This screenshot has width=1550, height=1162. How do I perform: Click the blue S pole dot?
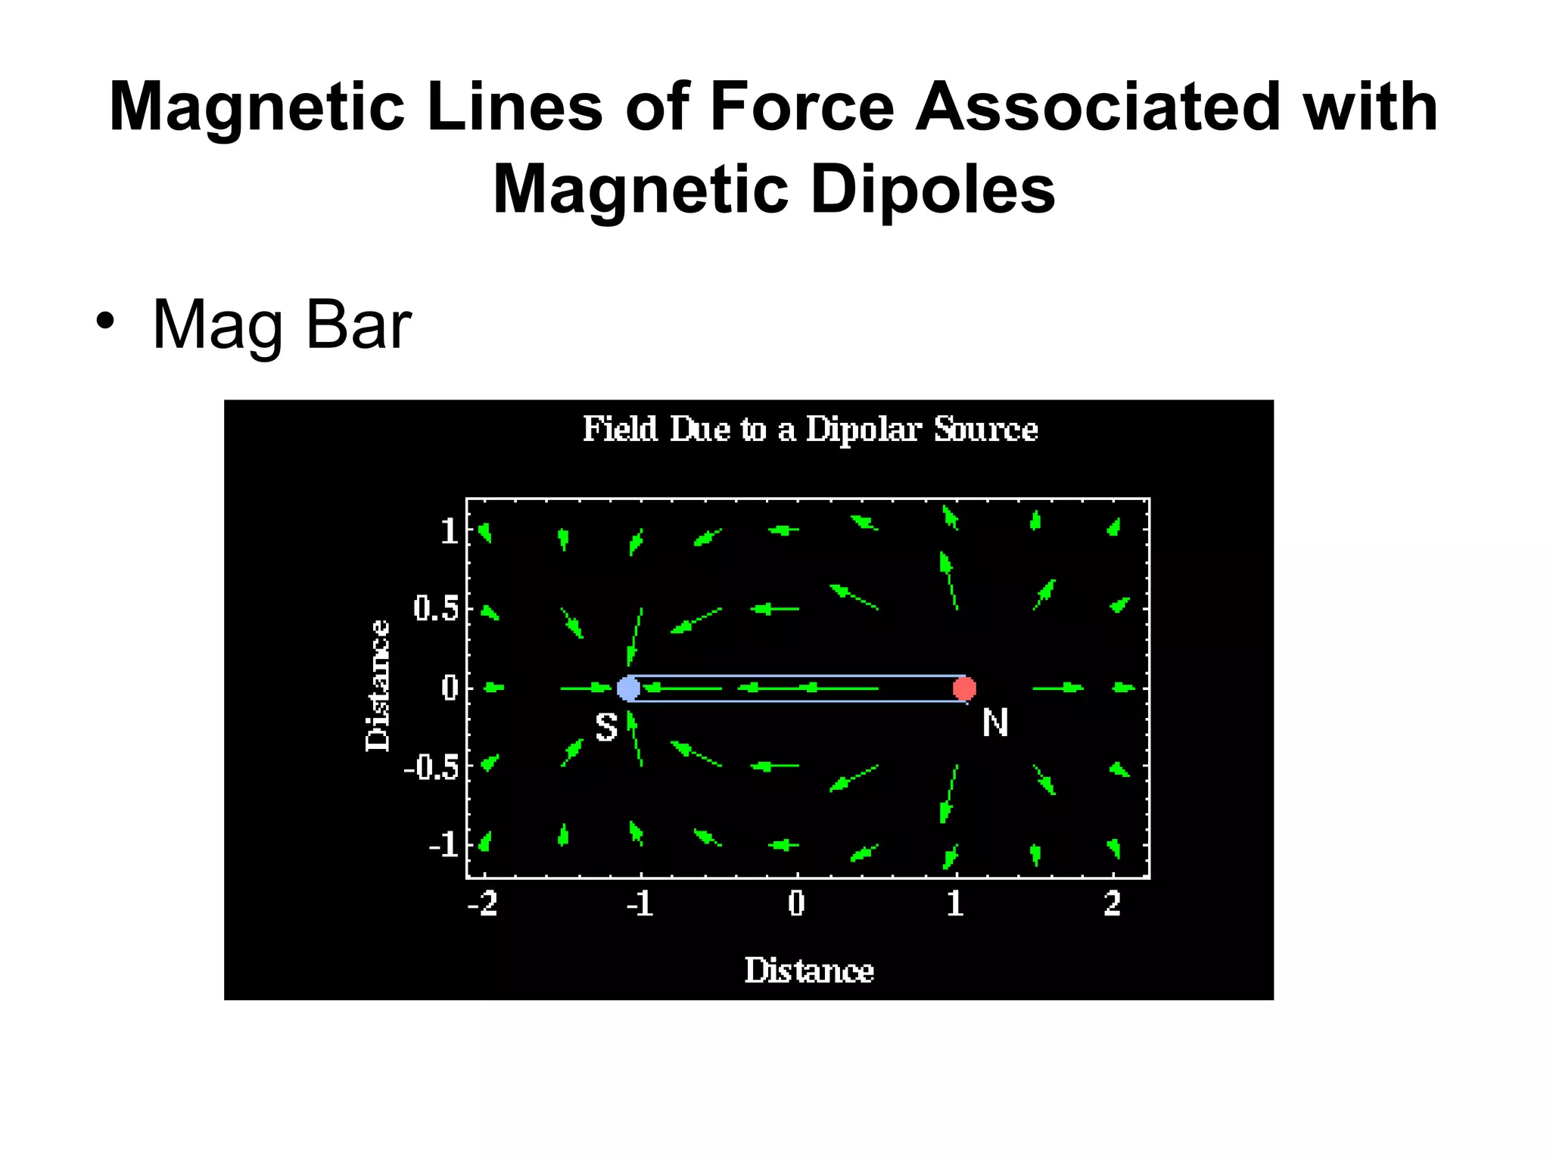click(x=628, y=688)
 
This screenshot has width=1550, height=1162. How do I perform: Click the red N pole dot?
click(x=964, y=688)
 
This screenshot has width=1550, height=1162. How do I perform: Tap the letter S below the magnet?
click(x=606, y=728)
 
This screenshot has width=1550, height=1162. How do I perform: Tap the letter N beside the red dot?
click(x=995, y=723)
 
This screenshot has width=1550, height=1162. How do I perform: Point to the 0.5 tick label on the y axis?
click(x=437, y=608)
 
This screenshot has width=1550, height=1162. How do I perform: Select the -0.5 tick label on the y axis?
click(x=431, y=767)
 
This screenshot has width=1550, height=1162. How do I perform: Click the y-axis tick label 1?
click(x=449, y=532)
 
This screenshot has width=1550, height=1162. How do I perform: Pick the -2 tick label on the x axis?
click(x=483, y=903)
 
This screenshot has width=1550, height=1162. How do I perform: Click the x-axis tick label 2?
click(x=1112, y=903)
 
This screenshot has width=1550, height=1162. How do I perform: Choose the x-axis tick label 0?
click(x=796, y=903)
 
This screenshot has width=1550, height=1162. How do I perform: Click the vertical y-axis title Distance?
click(x=378, y=685)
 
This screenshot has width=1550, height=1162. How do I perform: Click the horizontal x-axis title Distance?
click(x=809, y=971)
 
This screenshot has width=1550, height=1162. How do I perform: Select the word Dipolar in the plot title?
click(x=864, y=430)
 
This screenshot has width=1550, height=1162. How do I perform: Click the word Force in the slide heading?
click(x=802, y=107)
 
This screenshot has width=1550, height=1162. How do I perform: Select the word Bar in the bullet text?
click(x=359, y=325)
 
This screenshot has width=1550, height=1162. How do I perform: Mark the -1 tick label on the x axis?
click(x=640, y=903)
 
